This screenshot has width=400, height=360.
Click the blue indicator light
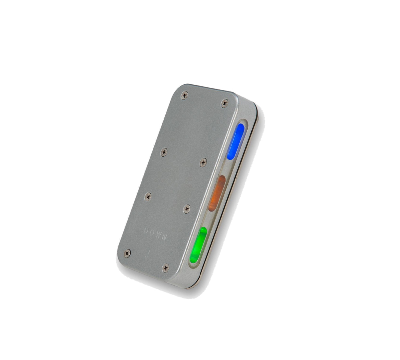236,142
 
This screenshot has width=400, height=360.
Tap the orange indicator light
217,193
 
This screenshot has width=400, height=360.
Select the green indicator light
199,245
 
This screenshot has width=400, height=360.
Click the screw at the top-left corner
184,96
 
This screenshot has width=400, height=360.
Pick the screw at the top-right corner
225,104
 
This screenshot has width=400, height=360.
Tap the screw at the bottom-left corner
127,253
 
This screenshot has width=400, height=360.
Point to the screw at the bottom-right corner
165,268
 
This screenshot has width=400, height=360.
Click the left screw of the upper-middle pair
164,153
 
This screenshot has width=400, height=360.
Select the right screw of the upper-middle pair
203,163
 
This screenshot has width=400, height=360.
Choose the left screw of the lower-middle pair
148,196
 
